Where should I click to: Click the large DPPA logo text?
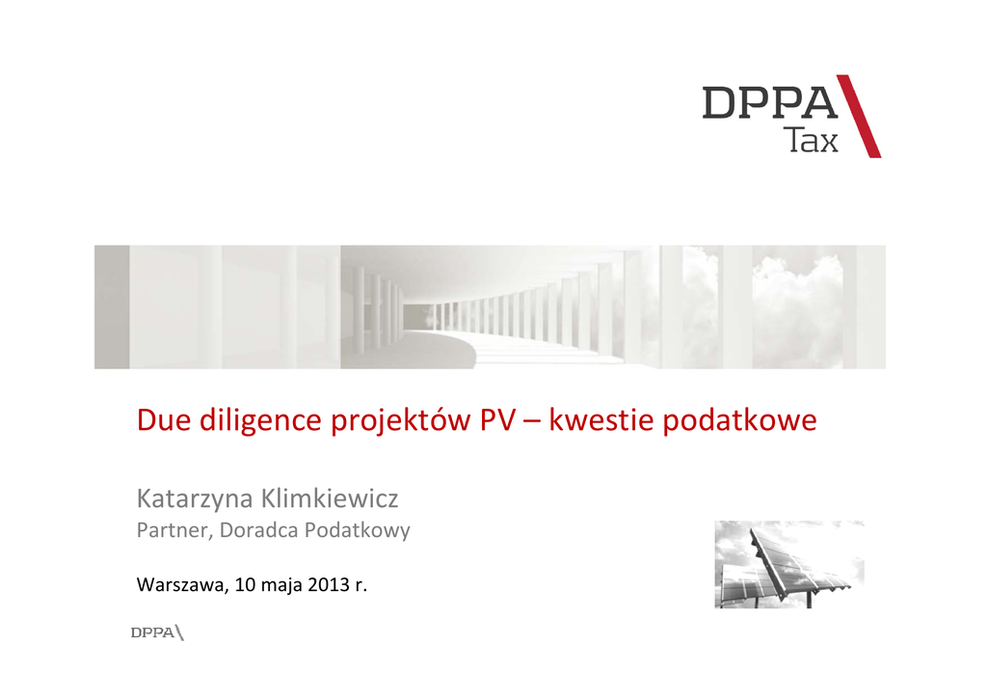(x=770, y=102)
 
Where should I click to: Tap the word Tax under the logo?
(x=813, y=141)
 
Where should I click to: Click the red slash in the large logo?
(x=859, y=117)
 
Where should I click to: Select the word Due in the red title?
(x=164, y=419)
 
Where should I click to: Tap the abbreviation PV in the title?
(x=496, y=419)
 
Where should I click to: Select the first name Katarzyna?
(x=195, y=499)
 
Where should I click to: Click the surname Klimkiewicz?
(x=330, y=498)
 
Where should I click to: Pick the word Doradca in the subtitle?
(x=258, y=530)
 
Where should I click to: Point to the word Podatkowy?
(x=358, y=531)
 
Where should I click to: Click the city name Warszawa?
(x=182, y=585)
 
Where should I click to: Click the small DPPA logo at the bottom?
(x=157, y=632)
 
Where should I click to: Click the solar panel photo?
(x=789, y=565)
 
